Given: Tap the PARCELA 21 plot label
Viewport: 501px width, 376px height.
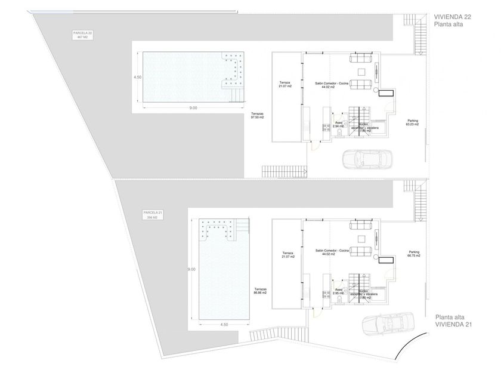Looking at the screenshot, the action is pos(153,215).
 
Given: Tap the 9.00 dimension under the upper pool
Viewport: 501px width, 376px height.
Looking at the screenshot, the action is pos(193,108).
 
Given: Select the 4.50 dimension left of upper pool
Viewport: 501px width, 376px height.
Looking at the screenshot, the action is pos(137,77).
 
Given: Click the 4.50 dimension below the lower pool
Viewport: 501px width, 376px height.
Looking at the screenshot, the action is pos(224,325).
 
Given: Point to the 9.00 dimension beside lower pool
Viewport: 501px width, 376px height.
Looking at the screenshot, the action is pos(191,270).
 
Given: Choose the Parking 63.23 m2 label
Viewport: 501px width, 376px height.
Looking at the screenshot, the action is pos(412,122).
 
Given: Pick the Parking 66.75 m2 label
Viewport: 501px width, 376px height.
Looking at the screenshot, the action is pos(414,254).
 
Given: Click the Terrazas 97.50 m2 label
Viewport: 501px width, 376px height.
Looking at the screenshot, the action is pos(258,116).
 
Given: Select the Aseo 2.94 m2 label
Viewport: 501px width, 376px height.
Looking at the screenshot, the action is pos(339,125).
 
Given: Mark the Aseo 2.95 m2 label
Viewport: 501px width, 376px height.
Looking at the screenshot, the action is pos(339,291).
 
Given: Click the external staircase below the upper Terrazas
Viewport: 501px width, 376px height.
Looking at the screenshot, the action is pos(284,171).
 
